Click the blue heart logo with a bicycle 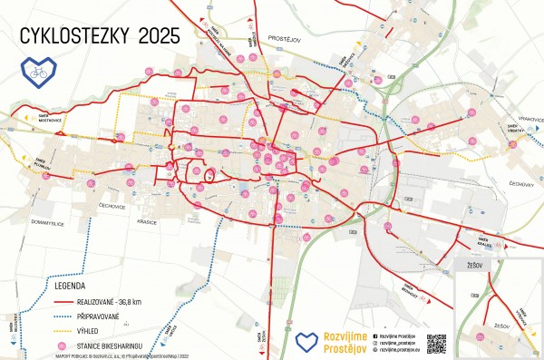coord(37,69)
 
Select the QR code coord(436,344)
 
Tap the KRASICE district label coord(147,221)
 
